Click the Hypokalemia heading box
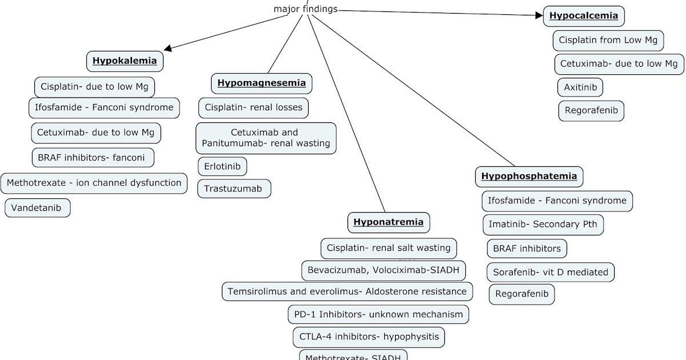tap(125, 61)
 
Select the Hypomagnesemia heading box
tap(262, 83)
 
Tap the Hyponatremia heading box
tap(388, 222)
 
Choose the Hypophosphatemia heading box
tap(529, 176)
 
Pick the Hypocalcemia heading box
tap(584, 16)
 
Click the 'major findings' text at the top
tap(306, 9)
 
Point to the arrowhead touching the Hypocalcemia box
tap(539, 16)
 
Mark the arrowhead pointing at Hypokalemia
tap(167, 49)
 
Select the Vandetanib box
tap(37, 207)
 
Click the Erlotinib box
tap(222, 166)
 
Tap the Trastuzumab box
tap(234, 189)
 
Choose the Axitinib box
tap(580, 87)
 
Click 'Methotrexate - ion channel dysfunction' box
tap(94, 183)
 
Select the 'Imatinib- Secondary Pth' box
tap(543, 224)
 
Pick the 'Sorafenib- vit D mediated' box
tap(551, 272)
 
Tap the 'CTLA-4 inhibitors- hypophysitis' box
tap(369, 337)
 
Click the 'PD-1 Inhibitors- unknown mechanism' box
tap(378, 314)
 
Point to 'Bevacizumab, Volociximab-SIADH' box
tap(383, 269)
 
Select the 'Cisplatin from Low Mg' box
tap(608, 41)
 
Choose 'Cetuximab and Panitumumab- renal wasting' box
tap(266, 138)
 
